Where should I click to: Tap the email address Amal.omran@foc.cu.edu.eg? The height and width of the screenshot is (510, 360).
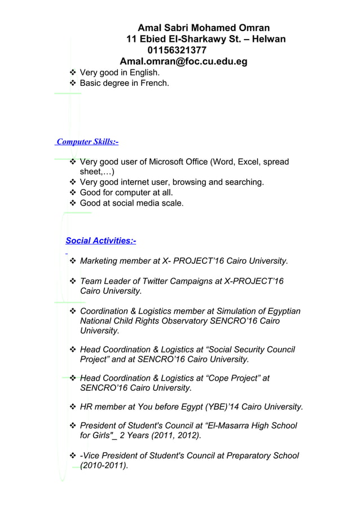(x=183, y=62)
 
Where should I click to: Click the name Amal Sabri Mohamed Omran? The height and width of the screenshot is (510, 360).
(x=204, y=28)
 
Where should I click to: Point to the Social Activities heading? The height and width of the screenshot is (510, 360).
(x=101, y=241)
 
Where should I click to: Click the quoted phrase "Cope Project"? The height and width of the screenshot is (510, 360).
(x=232, y=378)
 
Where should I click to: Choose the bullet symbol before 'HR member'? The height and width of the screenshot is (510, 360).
(x=72, y=407)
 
